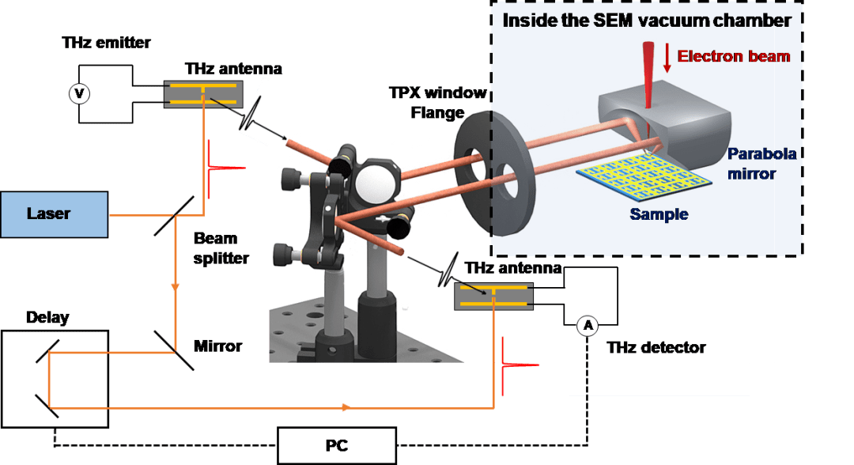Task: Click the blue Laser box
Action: pyautogui.click(x=54, y=214)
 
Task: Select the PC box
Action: pyautogui.click(x=336, y=445)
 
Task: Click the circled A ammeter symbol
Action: pyautogui.click(x=587, y=324)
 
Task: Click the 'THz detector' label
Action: pyautogui.click(x=656, y=347)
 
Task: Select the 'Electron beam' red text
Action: pyautogui.click(x=734, y=56)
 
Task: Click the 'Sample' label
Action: pyautogui.click(x=659, y=214)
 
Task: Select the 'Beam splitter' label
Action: pyautogui.click(x=221, y=248)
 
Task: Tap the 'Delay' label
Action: pyautogui.click(x=47, y=318)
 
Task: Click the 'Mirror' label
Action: pyautogui.click(x=217, y=346)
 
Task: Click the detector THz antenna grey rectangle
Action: pyautogui.click(x=493, y=297)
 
